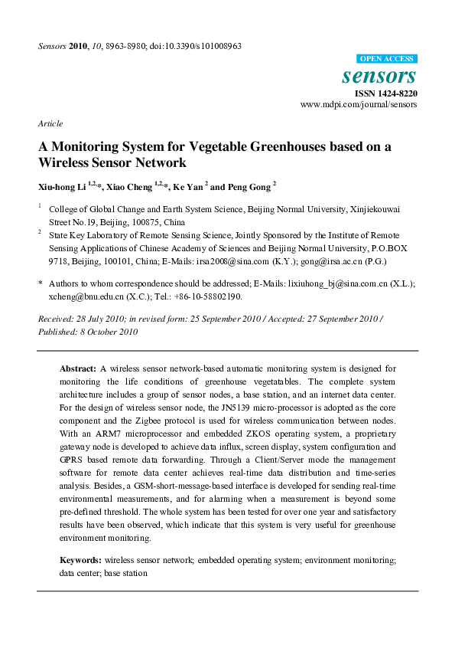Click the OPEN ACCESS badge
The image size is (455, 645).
[x=387, y=59]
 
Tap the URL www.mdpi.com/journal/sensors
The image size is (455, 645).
[x=359, y=104]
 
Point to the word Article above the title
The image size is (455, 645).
[x=50, y=123]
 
